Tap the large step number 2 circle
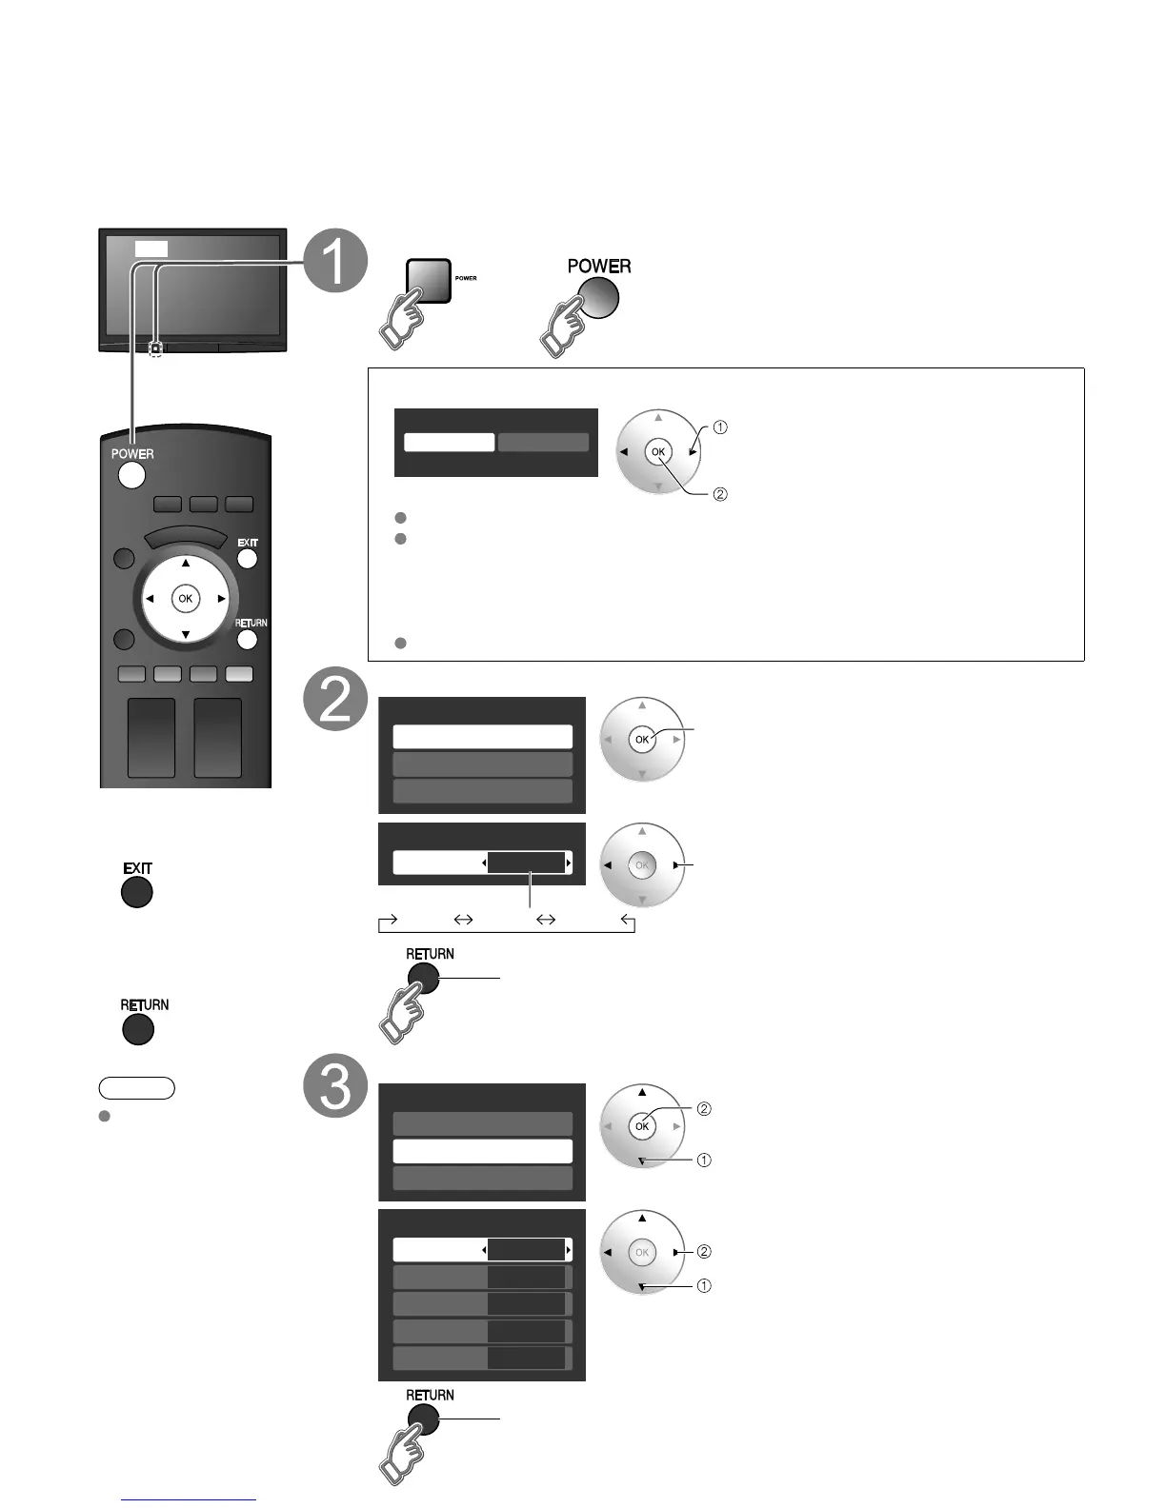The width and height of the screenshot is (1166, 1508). pos(335,701)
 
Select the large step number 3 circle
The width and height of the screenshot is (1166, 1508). pos(335,1086)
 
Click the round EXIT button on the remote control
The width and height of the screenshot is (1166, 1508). pos(247,559)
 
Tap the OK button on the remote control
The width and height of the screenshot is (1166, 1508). pos(185,599)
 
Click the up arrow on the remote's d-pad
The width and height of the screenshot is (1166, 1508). pos(185,564)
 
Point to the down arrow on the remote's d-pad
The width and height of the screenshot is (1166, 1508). pos(185,634)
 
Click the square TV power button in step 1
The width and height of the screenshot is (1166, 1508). pos(428,281)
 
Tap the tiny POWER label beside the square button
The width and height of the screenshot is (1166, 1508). pos(466,278)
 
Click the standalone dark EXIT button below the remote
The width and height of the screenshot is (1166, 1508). pos(137,892)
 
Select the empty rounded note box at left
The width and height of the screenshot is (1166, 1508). pos(136,1088)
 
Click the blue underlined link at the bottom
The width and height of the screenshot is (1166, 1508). pos(189,1499)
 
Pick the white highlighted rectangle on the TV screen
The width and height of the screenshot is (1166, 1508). pos(151,248)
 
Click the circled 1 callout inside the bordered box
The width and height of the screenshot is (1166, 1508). pos(720,427)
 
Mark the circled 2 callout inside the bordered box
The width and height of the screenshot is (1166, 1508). pos(720,494)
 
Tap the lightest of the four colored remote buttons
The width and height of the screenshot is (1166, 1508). pos(239,674)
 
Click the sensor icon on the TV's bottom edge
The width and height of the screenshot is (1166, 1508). pos(155,349)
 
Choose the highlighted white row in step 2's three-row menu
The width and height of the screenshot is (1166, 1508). pos(482,737)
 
